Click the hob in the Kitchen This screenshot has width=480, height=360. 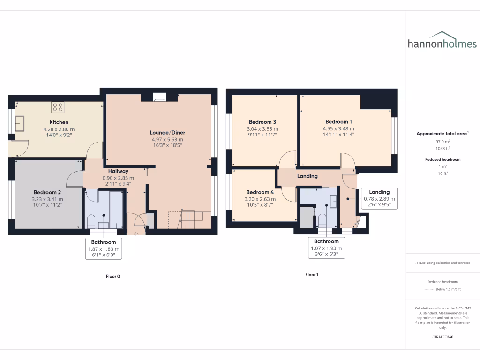click(x=58, y=107)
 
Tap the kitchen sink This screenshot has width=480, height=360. click(x=20, y=124)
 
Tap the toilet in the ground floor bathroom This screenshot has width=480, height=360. click(x=91, y=220)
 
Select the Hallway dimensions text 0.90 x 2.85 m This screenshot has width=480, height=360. click(x=118, y=178)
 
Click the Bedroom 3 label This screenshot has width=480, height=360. click(x=262, y=122)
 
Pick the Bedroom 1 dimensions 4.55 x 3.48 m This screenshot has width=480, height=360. click(x=338, y=128)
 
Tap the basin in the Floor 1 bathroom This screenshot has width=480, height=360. click(x=333, y=202)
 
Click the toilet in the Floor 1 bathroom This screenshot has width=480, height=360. click(x=322, y=220)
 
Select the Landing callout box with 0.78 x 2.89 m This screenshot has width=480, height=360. click(x=379, y=198)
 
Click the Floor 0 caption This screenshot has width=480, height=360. click(x=112, y=276)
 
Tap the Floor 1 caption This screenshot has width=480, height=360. click(x=312, y=275)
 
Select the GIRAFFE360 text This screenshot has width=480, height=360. click(x=443, y=337)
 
